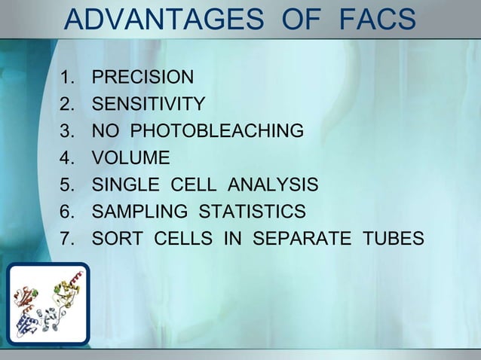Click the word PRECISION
tap(142, 77)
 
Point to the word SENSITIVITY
tap(148, 104)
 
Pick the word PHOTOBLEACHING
tap(217, 131)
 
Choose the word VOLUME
tap(130, 158)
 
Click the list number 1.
tap(67, 77)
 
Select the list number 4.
tap(67, 158)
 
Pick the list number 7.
tap(67, 239)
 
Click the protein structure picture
tap(48, 304)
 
